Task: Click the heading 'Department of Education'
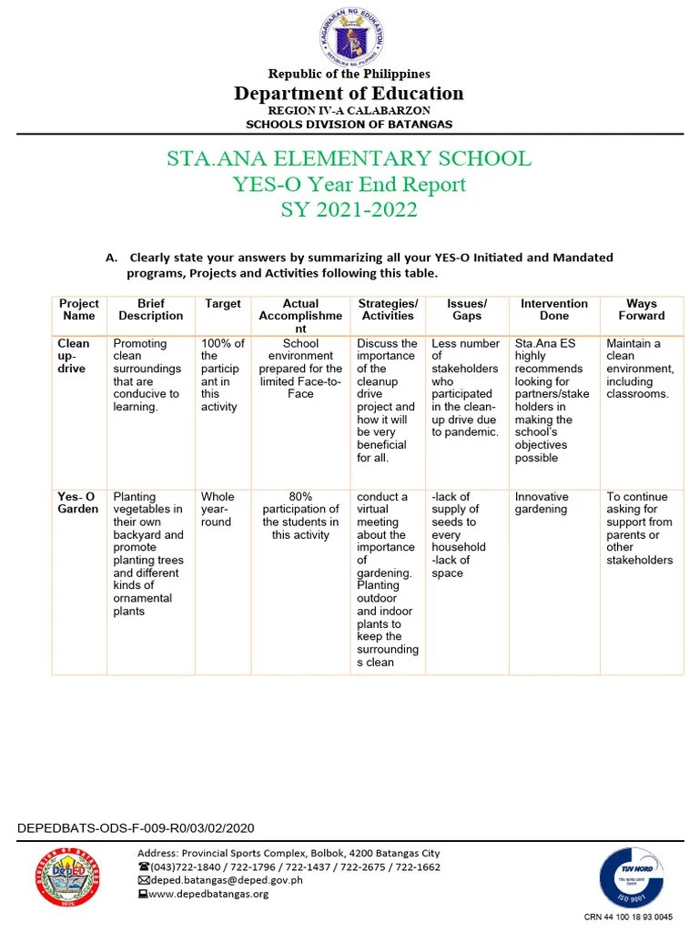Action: click(349, 94)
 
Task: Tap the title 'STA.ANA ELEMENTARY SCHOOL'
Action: click(349, 158)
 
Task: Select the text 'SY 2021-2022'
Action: click(349, 210)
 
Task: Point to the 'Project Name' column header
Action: click(79, 309)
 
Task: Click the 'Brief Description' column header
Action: click(151, 309)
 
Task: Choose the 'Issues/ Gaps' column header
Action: click(467, 309)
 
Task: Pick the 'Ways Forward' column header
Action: click(642, 309)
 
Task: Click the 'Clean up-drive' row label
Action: click(74, 356)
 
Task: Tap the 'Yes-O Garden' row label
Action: click(77, 503)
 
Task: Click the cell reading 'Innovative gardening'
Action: click(542, 503)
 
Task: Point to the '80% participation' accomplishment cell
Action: click(300, 516)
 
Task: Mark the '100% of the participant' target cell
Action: click(222, 375)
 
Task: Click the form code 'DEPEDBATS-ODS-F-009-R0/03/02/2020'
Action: click(137, 828)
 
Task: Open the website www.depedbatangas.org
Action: click(208, 894)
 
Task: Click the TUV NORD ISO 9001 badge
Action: click(631, 877)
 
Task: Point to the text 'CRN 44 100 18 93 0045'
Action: click(628, 917)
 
